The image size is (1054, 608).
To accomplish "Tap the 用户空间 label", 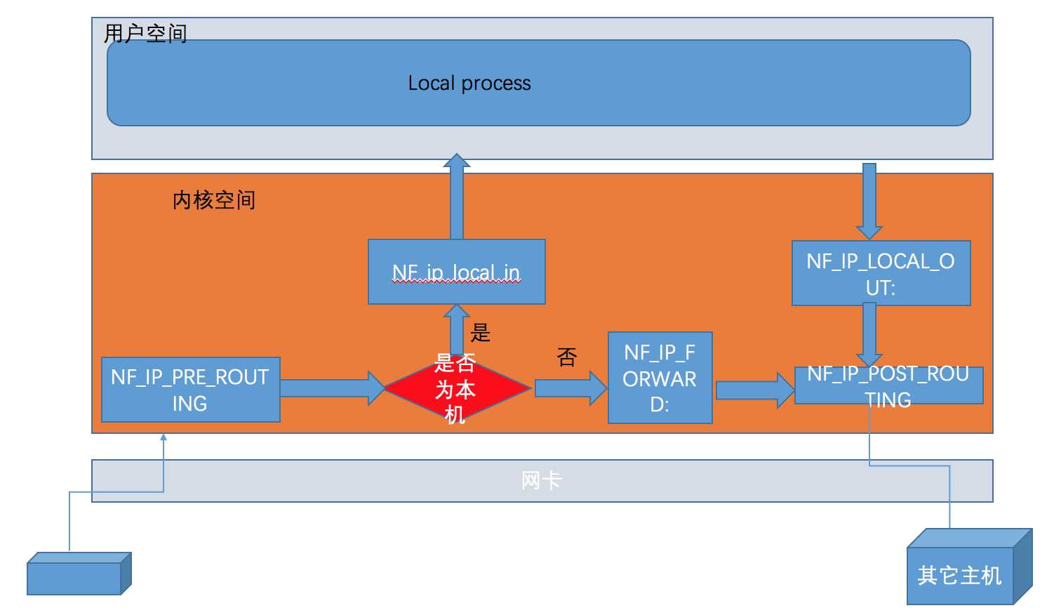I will pos(145,33).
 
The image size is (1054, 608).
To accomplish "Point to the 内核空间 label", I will pos(214,201).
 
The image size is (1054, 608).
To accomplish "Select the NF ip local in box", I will pos(456,272).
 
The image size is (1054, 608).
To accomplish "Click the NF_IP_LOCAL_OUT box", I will pos(881,273).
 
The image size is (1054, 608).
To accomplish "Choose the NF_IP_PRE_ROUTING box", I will pos(190,390).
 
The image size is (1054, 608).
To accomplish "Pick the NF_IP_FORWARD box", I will pos(660,378).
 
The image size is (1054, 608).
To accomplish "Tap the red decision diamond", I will pos(456,388).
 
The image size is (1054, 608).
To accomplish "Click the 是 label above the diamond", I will pos(481,332).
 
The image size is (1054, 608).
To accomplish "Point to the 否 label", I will pos(567,357).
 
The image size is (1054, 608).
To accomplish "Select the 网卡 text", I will pos(541,481).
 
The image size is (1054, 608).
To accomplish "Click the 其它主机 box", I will pos(959,575).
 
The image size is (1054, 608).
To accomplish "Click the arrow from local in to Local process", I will pos(457,200).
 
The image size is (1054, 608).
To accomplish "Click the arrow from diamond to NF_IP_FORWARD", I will pos(569,388).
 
